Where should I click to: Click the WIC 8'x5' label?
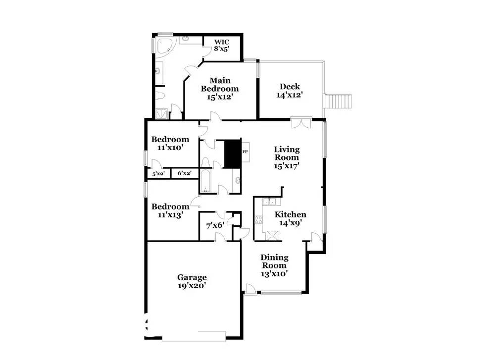[x=222, y=45]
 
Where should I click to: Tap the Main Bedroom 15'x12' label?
[x=220, y=89]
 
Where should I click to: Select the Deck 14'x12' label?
[x=290, y=91]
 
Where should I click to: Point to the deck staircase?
[x=338, y=101]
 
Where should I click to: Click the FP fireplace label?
[x=245, y=152]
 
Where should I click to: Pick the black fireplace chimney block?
[x=233, y=154]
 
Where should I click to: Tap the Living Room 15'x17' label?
[x=287, y=157]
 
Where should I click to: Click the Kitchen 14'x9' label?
[x=291, y=218]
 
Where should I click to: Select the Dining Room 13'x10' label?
[x=274, y=265]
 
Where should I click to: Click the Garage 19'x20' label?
[x=192, y=281]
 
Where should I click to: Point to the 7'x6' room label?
[x=215, y=226]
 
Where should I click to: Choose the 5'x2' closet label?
[x=158, y=174]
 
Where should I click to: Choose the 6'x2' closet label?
[x=184, y=173]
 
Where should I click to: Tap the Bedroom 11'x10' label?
[x=170, y=144]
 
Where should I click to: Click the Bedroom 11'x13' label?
[x=170, y=210]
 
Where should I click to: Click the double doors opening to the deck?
[x=301, y=123]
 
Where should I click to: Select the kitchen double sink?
[x=269, y=202]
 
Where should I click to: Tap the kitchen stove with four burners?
[x=258, y=220]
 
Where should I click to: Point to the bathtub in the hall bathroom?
[x=205, y=181]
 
